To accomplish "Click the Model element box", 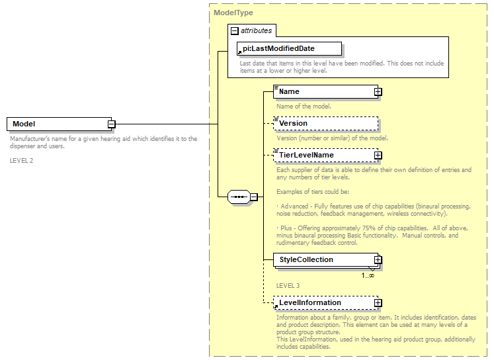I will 58,124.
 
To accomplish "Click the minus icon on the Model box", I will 112,124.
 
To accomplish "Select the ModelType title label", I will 233,13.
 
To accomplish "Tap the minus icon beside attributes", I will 234,30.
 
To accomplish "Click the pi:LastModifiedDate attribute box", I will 289,49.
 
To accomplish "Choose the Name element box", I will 324,91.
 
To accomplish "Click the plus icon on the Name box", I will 378,92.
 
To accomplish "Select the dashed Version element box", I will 325,123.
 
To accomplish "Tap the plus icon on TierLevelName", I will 378,156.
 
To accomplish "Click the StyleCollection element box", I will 324,259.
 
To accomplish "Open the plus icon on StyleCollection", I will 378,260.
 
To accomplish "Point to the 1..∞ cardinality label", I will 368,275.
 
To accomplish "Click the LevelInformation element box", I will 324,302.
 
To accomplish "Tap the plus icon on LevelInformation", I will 378,303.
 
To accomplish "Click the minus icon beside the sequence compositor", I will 253,197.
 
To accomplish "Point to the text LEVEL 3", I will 288,285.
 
